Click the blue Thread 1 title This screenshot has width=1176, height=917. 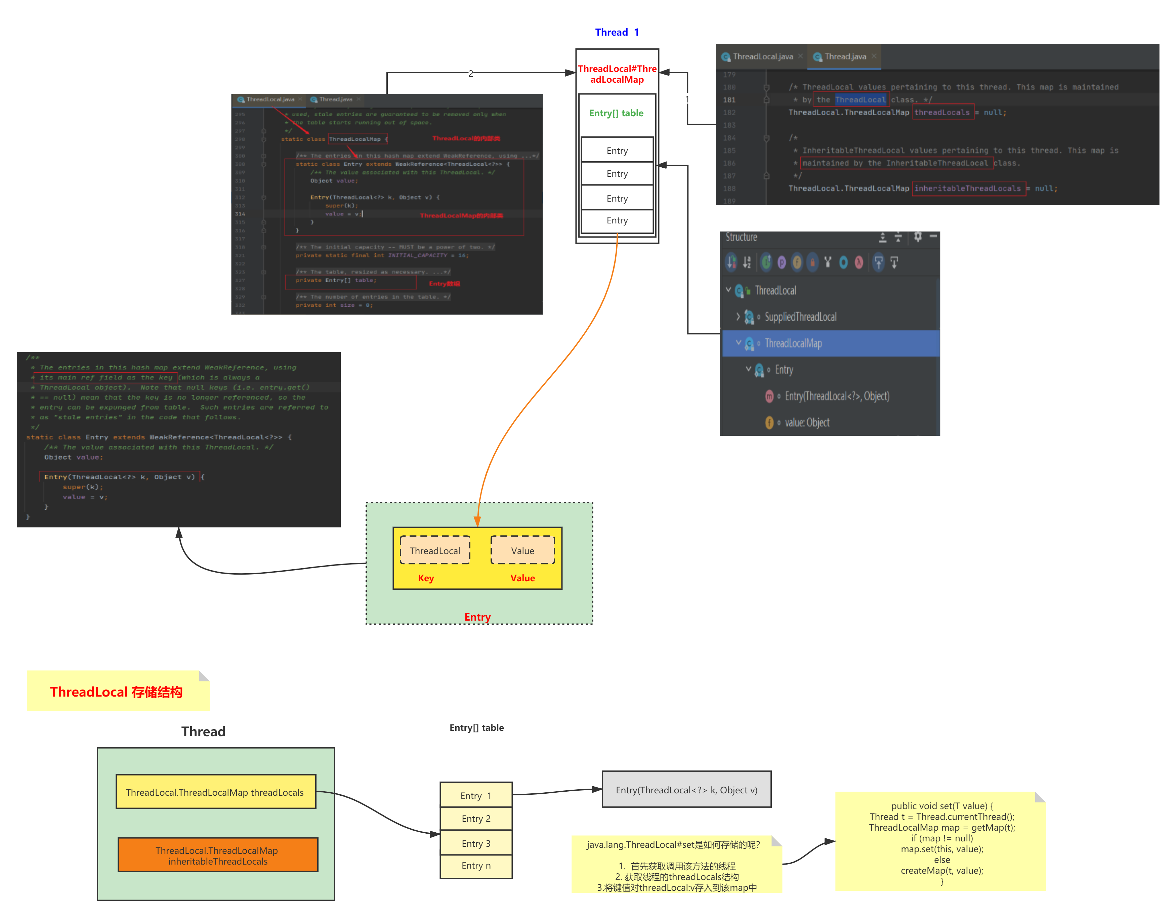(617, 32)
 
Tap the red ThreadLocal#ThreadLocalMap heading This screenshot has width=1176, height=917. (617, 74)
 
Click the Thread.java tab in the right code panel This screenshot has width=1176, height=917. (844, 56)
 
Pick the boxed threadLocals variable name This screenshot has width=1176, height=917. (942, 113)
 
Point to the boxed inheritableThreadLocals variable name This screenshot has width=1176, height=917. (968, 189)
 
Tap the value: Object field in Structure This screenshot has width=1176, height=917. (807, 423)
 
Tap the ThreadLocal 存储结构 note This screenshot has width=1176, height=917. (117, 692)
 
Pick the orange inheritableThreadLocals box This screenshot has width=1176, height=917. (217, 855)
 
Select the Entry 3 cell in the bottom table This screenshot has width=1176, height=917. (476, 843)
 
